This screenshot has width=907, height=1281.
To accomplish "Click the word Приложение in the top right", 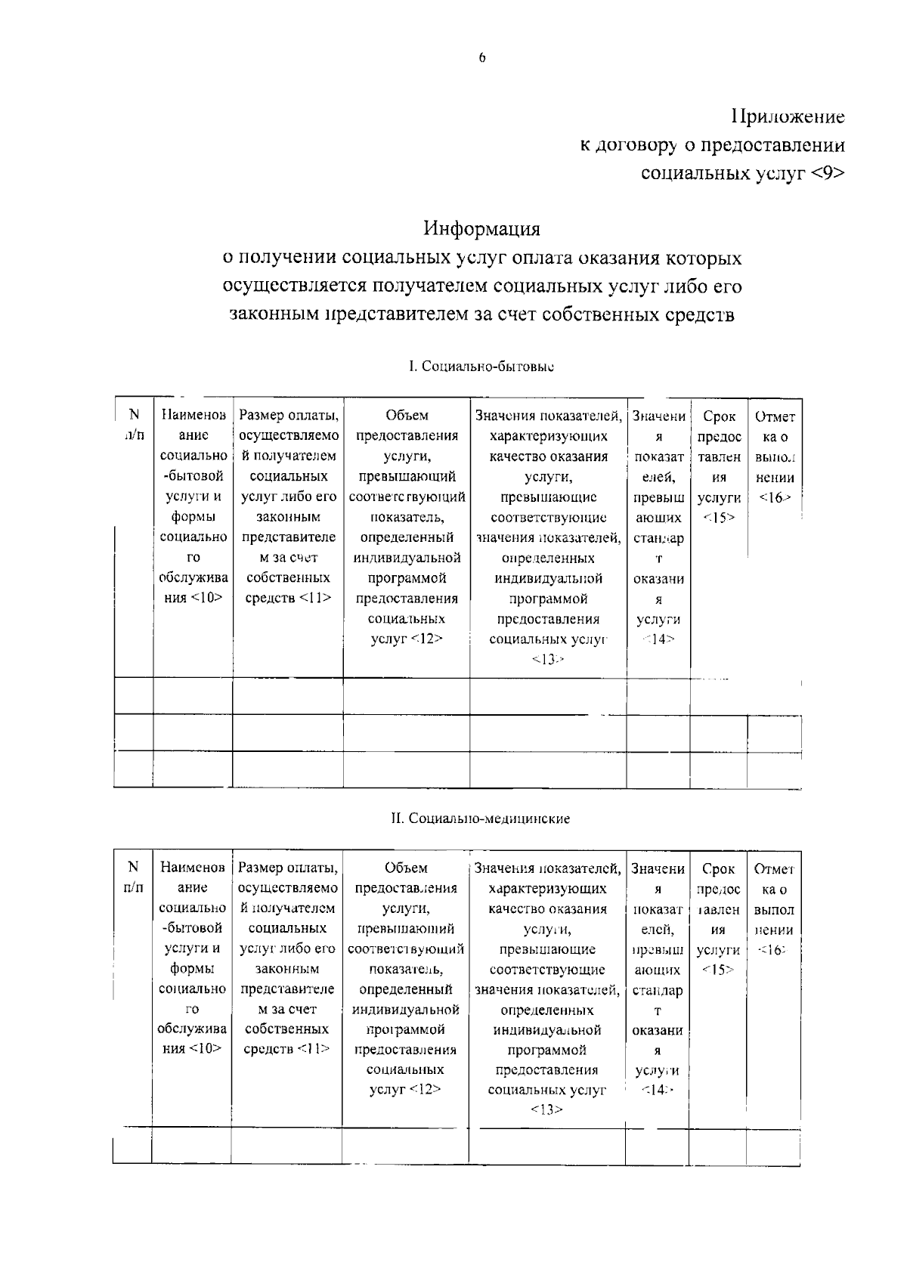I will pos(787,117).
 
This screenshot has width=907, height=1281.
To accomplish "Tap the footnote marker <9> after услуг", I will pos(827,173).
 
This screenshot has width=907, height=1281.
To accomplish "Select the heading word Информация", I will pos(481,228).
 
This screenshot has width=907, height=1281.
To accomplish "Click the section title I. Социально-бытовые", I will pos(481,367).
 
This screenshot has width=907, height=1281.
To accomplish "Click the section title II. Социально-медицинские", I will pos(481,818).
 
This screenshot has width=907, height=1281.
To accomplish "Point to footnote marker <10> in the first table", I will pos(206,598).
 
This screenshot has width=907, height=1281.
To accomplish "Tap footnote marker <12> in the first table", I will pos(427,639).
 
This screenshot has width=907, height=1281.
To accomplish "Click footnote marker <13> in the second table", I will pos(546,1110).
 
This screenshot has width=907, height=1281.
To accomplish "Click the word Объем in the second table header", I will pos(406,868).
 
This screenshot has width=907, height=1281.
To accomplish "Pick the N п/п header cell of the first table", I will pos(134,425).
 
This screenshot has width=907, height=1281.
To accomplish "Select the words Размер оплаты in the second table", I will pos(287,868).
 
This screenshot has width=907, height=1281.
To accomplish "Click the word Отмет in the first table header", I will pos(775,416).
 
